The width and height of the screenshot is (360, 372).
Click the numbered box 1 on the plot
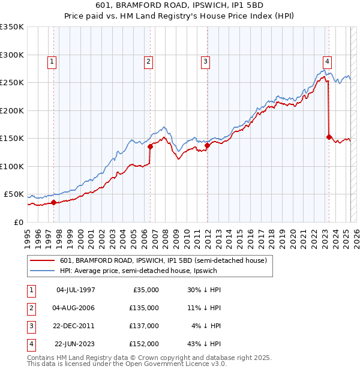[x=53, y=61]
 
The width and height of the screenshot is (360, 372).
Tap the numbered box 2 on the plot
[x=148, y=61]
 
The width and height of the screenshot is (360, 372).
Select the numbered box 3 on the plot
[x=205, y=61]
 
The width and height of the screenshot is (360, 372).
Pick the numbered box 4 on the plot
[x=327, y=61]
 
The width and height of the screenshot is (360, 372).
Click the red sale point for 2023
[x=329, y=137]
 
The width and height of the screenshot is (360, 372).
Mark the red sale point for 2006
[x=150, y=146]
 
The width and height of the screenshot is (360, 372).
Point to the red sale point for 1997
[x=53, y=202]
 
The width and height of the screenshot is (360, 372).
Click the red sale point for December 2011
[x=207, y=145]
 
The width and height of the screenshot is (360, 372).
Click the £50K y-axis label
[x=14, y=194]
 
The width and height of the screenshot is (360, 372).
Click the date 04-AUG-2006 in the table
[x=75, y=308]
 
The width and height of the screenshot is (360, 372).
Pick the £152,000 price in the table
[x=143, y=344]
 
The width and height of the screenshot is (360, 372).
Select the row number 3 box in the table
[x=29, y=326]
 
